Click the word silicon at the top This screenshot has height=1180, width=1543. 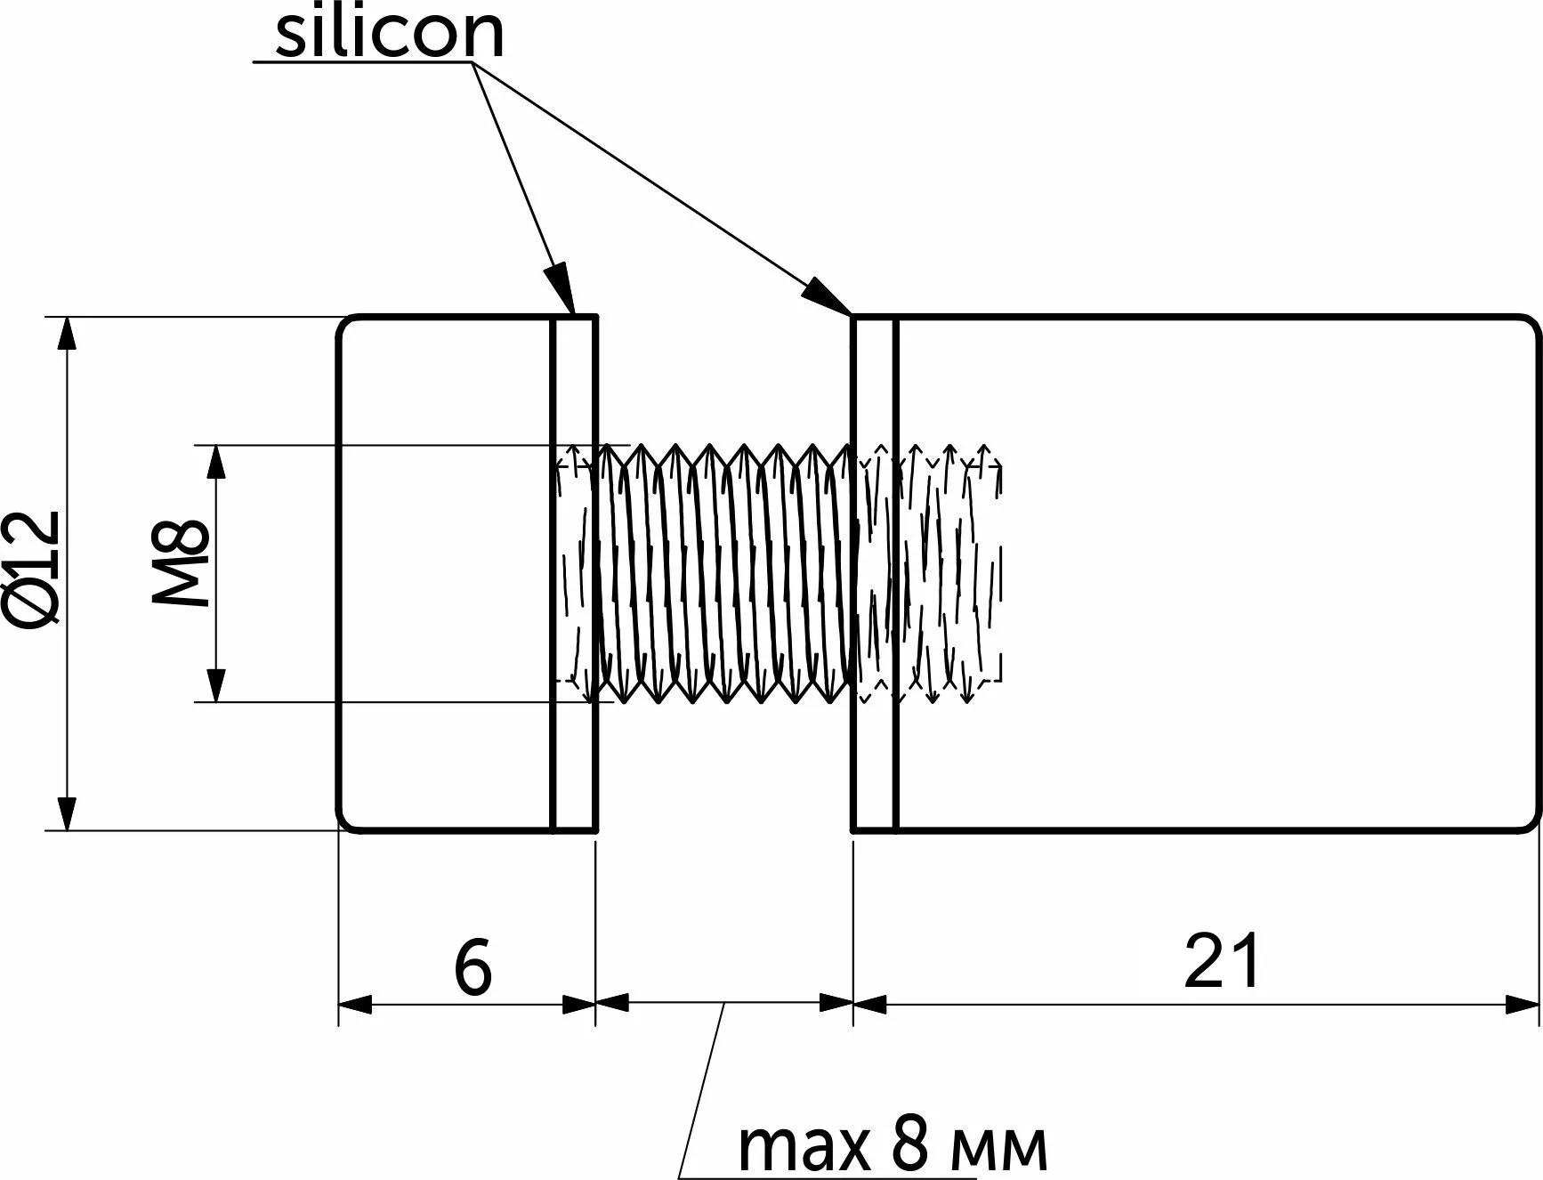[x=390, y=34]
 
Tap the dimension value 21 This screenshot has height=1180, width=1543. [x=1222, y=962]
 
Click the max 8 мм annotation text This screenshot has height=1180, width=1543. [x=893, y=1148]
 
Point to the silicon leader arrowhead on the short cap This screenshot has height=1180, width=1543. [x=561, y=289]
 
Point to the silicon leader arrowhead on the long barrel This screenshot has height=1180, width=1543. [x=827, y=297]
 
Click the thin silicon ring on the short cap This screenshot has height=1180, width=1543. [x=575, y=574]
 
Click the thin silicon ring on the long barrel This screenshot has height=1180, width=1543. [x=875, y=574]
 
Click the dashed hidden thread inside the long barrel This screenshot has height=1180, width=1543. [x=948, y=574]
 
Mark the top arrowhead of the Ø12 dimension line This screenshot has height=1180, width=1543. [x=66, y=334]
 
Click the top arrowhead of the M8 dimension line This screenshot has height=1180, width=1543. [x=214, y=462]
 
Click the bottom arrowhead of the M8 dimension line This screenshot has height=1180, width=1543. [x=214, y=685]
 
